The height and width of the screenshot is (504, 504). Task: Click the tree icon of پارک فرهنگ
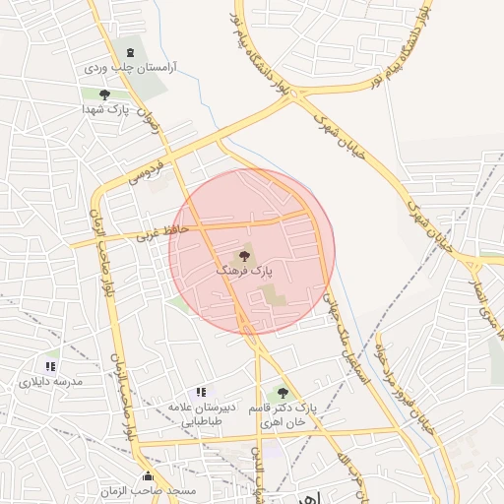click(245, 256)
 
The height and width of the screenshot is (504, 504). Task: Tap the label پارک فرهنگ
click(252, 269)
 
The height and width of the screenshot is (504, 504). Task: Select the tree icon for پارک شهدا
click(105, 95)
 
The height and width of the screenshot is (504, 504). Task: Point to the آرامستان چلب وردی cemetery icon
click(130, 52)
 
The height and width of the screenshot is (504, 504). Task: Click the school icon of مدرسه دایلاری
click(49, 366)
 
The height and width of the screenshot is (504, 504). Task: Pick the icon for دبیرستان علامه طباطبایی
click(202, 393)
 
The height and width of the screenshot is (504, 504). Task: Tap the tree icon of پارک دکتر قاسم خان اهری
click(283, 393)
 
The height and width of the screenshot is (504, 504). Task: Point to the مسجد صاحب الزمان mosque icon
click(148, 475)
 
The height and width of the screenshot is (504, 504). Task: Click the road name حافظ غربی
click(132, 235)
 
